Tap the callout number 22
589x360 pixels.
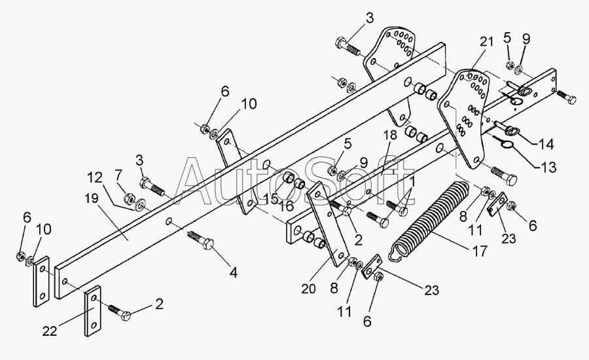coord(50,331)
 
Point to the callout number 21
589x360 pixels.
coord(486,42)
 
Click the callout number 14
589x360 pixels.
coord(546,144)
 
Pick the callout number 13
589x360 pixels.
coord(548,167)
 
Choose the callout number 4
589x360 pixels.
coord(233,273)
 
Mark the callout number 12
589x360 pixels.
coord(96,177)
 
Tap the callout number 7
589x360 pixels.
coord(118,175)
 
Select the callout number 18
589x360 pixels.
coord(390,136)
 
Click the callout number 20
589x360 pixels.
coord(308,289)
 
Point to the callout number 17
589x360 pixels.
coord(480,251)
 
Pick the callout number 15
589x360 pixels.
coord(270,198)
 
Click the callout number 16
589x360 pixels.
coord(286,206)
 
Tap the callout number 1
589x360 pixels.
coord(412,182)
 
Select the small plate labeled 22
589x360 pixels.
coord(93,311)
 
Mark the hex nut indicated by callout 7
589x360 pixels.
coord(128,197)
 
